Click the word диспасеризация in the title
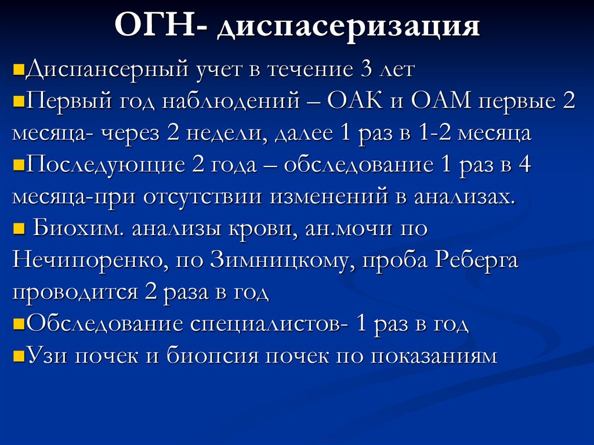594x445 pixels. pos(348,29)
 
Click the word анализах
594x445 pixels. pos(463,197)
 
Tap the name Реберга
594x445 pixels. pos(476,261)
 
